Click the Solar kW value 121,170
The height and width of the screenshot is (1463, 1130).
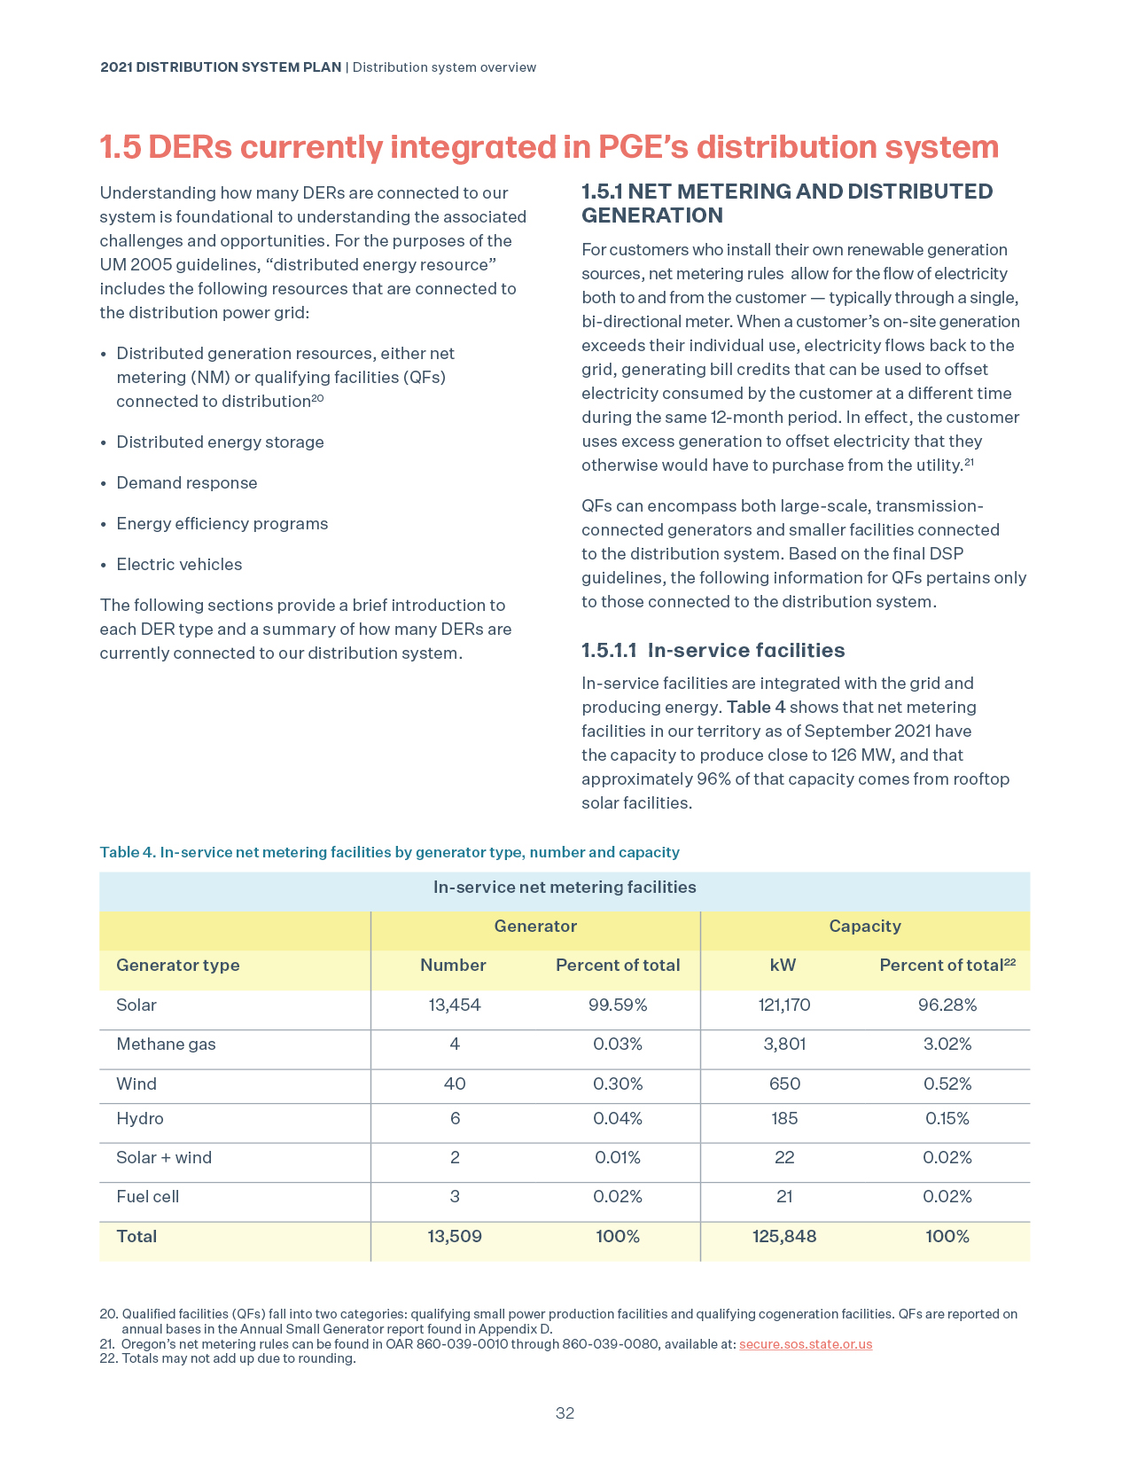(x=784, y=1005)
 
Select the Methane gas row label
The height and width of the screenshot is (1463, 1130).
(x=166, y=1044)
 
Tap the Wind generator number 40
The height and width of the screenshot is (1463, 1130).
(x=455, y=1084)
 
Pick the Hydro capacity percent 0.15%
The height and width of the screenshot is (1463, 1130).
(x=947, y=1118)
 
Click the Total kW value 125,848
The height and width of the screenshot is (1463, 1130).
(x=784, y=1236)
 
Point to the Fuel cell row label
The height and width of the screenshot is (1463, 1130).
(x=147, y=1196)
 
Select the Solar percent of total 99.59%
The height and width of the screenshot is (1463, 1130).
(x=618, y=1005)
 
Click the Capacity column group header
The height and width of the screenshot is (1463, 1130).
(x=865, y=926)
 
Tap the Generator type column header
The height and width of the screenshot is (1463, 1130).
(x=178, y=965)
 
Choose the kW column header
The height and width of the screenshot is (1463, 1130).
(x=783, y=965)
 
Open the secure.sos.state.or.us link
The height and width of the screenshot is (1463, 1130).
(x=806, y=1343)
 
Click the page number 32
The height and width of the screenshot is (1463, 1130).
(x=565, y=1413)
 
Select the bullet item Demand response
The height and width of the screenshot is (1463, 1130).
(x=187, y=482)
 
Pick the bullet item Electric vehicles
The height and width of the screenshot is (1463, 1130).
(x=179, y=564)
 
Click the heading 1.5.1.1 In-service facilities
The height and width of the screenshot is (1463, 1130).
(x=713, y=650)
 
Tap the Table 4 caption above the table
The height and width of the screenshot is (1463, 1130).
(x=389, y=852)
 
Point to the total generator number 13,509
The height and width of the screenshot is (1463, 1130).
(x=455, y=1236)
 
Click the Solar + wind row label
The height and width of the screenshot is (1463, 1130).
(x=164, y=1157)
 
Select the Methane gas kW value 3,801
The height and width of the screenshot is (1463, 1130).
(x=784, y=1044)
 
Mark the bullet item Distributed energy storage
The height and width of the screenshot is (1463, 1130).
(x=220, y=442)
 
